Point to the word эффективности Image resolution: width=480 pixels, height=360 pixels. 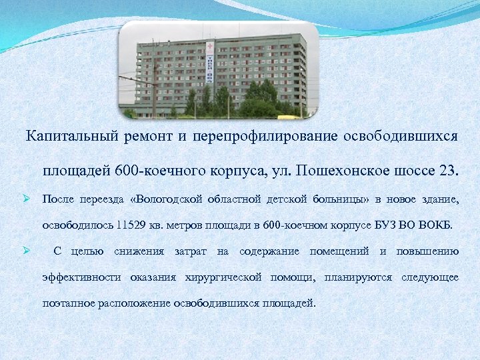point(81,277)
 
